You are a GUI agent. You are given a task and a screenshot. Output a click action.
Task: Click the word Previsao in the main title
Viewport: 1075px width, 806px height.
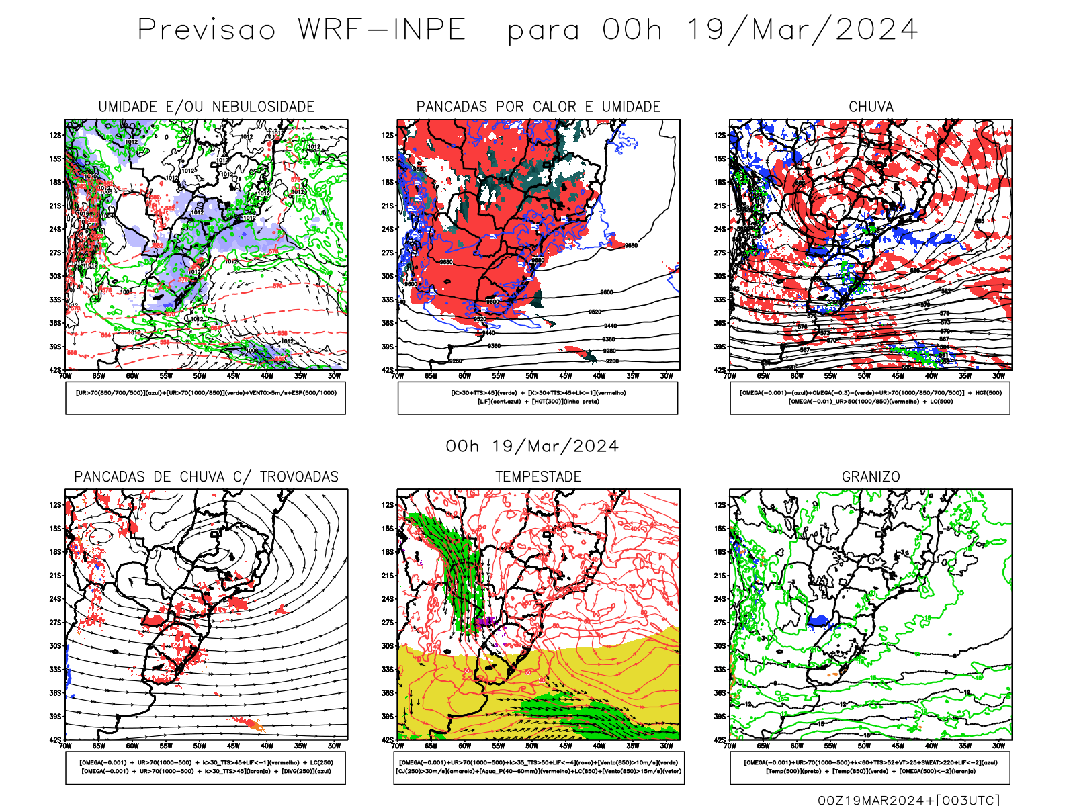[x=207, y=30]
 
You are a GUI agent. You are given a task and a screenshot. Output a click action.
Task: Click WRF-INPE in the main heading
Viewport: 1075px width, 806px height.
[x=382, y=30]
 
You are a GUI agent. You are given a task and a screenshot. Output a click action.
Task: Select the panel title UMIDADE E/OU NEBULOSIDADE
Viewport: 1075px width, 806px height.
[x=206, y=107]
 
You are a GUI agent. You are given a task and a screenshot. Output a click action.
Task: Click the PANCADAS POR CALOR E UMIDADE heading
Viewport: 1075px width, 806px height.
[x=538, y=107]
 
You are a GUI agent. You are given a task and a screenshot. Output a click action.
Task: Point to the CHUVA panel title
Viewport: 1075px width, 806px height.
[x=871, y=107]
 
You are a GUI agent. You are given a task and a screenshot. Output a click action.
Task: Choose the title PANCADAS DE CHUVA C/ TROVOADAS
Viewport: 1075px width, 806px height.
[x=206, y=477]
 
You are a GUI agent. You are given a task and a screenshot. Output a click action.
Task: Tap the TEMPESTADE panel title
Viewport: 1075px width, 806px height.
[x=538, y=477]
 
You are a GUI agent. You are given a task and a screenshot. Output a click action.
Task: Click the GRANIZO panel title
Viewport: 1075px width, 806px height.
[x=871, y=477]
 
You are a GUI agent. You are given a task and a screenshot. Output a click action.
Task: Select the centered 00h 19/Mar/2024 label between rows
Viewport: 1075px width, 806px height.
[x=532, y=447]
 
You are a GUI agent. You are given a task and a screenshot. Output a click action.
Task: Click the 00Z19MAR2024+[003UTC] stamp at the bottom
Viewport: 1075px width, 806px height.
[x=908, y=800]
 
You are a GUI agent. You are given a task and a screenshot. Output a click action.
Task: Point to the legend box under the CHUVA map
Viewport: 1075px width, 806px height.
[x=870, y=398]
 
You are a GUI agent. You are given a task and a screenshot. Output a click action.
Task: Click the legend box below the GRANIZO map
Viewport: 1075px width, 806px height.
[x=870, y=767]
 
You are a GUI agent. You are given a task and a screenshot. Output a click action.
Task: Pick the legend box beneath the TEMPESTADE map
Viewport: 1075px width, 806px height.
[x=538, y=767]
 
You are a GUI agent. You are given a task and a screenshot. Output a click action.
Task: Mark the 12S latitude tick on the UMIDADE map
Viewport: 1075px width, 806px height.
[x=55, y=135]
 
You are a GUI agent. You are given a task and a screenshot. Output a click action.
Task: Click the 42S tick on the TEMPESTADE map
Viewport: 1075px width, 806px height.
[x=388, y=740]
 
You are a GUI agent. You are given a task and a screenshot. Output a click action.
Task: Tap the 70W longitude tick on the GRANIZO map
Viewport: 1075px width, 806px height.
[x=730, y=746]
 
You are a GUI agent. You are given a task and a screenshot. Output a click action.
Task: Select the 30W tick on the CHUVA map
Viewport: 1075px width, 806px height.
[x=999, y=376]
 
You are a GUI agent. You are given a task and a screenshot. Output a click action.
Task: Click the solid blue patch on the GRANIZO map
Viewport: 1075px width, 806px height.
[x=819, y=621]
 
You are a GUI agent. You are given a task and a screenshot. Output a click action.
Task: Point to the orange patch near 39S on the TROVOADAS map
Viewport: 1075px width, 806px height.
[x=253, y=725]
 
